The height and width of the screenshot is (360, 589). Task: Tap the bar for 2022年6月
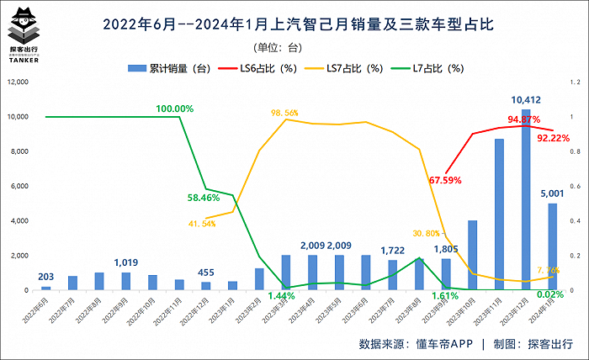[46, 288]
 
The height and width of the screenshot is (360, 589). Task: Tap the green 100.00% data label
[175, 109]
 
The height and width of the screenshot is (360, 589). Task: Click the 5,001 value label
[552, 193]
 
